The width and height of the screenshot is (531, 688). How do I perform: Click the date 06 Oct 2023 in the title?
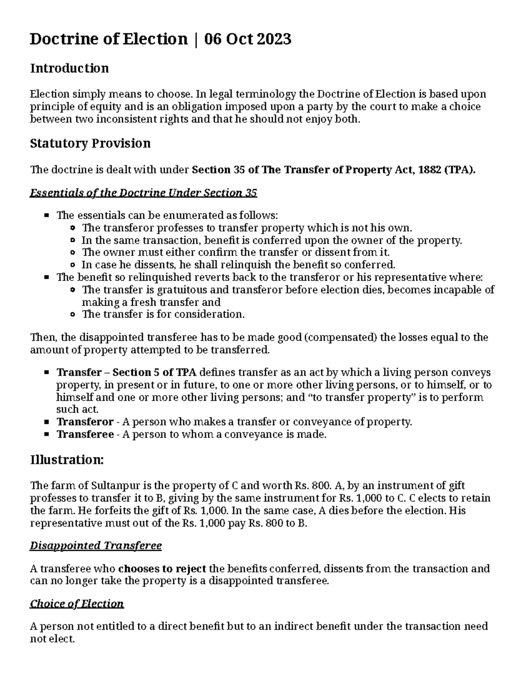pos(247,39)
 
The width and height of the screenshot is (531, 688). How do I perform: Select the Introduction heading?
pos(69,68)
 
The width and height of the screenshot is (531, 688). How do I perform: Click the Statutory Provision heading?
pos(90,143)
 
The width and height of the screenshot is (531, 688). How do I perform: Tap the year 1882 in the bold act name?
pos(429,170)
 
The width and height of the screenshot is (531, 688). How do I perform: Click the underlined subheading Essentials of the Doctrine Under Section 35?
pos(143,193)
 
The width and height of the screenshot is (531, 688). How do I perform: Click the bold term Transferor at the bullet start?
pos(85,422)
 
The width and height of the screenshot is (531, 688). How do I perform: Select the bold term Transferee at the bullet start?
pos(85,434)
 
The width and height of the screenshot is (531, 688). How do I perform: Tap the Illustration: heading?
pos(67,460)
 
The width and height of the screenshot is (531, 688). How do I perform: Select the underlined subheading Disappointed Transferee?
pos(96,545)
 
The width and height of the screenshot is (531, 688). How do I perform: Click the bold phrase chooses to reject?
pos(162,568)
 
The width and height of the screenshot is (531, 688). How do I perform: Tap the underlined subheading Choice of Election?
pos(77,604)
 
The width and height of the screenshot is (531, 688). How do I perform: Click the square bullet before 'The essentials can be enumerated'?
pos(47,216)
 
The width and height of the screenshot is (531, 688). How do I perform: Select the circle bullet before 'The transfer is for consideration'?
pos(73,315)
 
